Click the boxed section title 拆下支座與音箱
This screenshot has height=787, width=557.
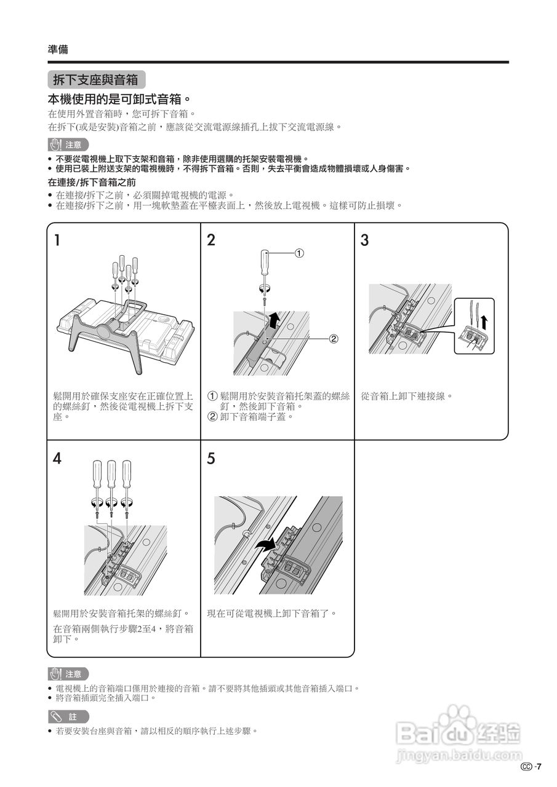96,80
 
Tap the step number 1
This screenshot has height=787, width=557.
57,240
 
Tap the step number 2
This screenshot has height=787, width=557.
211,240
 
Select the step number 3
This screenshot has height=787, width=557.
364,240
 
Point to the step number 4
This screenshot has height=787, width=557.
57,459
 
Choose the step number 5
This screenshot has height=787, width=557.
211,459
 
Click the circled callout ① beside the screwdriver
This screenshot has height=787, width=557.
299,253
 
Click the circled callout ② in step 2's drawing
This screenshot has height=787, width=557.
334,338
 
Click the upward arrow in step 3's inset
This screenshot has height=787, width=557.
484,320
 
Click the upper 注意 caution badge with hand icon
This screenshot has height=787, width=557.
68,145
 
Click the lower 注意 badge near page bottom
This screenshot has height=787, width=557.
68,674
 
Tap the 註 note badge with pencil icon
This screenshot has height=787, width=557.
68,716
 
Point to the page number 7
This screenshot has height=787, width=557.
539,767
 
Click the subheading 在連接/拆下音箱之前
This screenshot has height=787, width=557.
92,183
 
